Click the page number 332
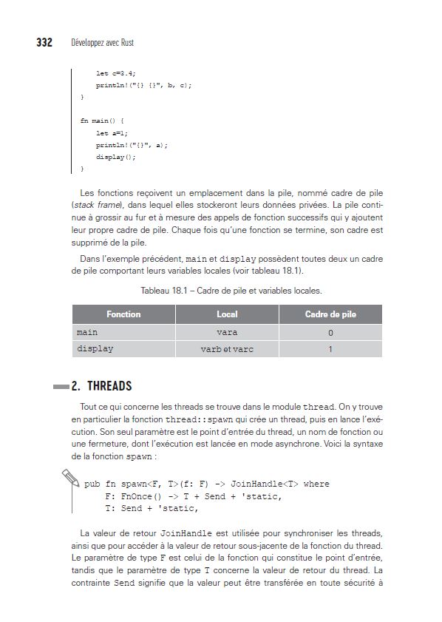tap(44, 43)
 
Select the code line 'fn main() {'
tap(103, 121)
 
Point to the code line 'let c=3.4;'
tap(116, 73)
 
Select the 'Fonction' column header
tap(123, 314)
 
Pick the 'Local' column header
tap(227, 314)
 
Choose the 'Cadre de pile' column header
tap(330, 314)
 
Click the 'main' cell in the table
tap(87, 333)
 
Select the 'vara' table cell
tap(227, 333)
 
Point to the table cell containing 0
tap(330, 333)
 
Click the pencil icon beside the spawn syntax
tap(72, 479)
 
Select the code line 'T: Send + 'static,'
tap(152, 508)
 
